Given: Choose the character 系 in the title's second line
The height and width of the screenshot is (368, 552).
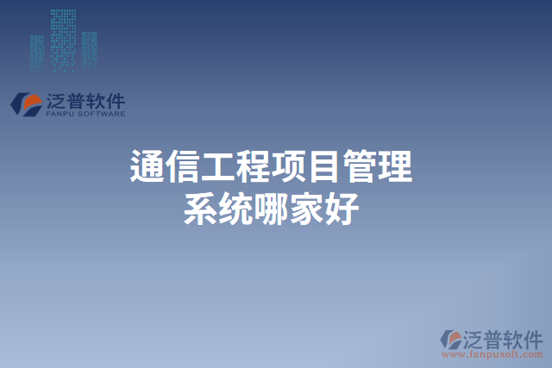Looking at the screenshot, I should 200,209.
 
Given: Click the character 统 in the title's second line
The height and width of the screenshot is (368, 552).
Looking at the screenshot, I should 235,209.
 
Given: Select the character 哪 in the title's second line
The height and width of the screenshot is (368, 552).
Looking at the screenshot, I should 271,209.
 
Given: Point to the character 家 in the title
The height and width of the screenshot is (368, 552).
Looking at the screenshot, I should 306,209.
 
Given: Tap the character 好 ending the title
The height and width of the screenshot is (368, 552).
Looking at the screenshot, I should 342,209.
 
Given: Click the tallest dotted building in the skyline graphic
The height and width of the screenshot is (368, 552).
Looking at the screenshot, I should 62,39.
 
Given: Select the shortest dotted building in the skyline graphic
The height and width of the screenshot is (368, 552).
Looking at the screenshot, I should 36,52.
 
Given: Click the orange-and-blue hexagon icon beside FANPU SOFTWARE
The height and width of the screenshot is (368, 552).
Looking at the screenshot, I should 26,103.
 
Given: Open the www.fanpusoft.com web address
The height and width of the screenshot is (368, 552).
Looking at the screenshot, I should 492,353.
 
